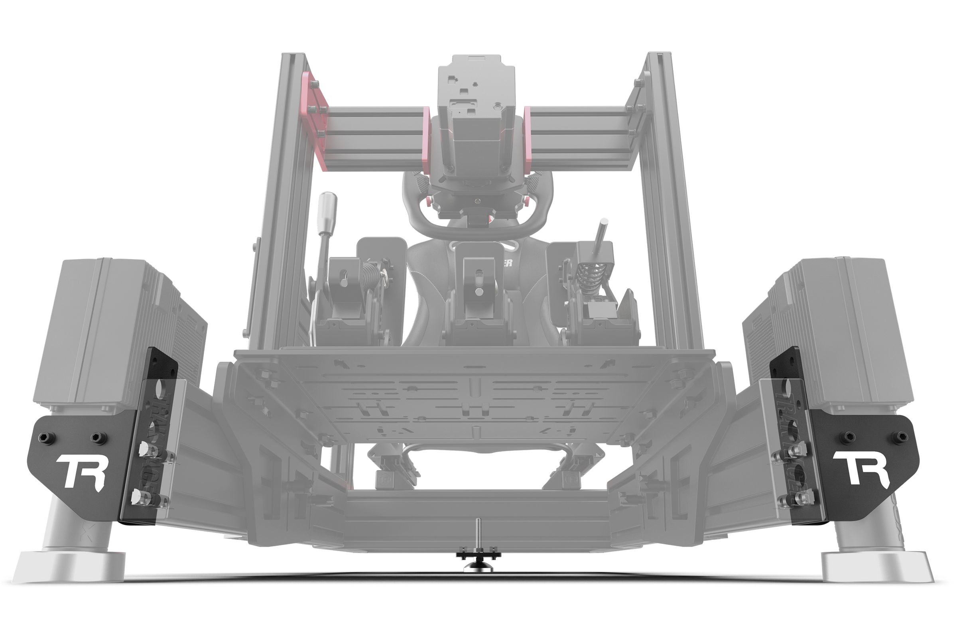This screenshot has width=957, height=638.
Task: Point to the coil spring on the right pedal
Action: (589, 272)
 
